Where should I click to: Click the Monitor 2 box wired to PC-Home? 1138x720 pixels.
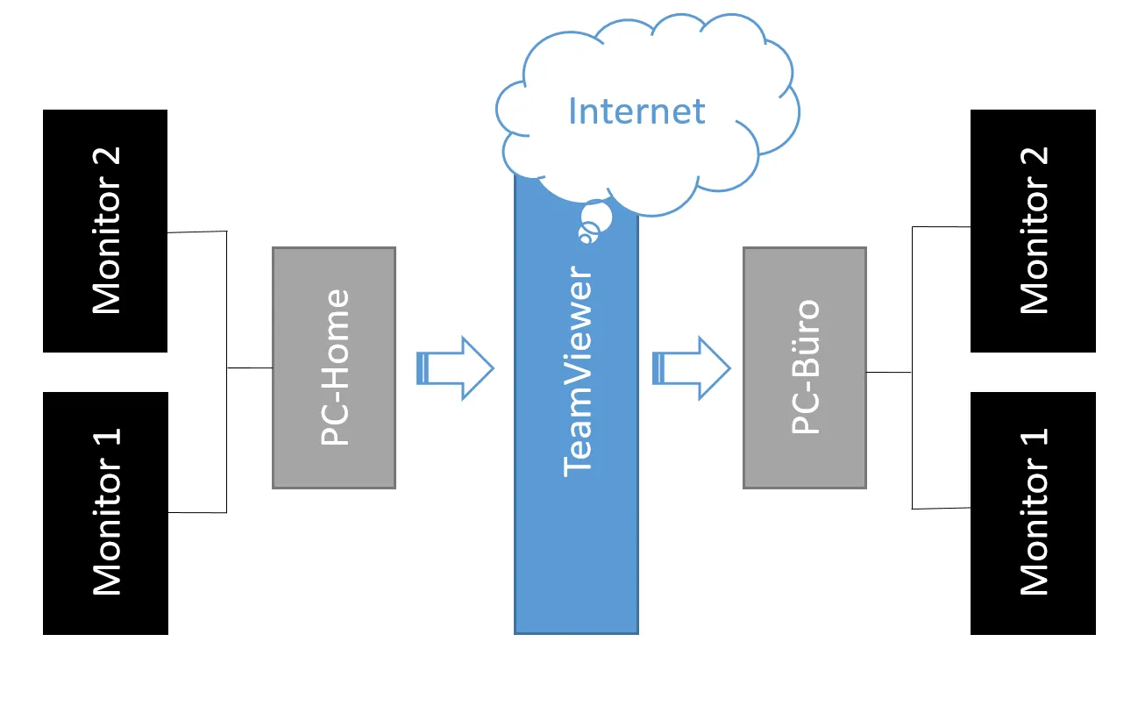tap(105, 231)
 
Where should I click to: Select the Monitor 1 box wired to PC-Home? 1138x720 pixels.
tap(105, 513)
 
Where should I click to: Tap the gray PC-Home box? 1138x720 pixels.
tap(334, 367)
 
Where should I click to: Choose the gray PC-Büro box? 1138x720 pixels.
tap(804, 367)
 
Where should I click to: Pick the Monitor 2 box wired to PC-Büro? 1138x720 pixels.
tap(1033, 231)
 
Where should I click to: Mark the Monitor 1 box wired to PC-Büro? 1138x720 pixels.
tap(1033, 513)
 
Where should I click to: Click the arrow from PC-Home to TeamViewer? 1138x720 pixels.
tap(456, 368)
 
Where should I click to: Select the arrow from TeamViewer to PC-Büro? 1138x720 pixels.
tap(692, 368)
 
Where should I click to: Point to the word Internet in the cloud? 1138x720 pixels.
tap(637, 111)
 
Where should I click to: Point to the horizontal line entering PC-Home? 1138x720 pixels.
tap(250, 368)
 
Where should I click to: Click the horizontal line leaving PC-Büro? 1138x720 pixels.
tap(889, 372)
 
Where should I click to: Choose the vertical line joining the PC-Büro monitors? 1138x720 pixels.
tap(913, 367)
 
